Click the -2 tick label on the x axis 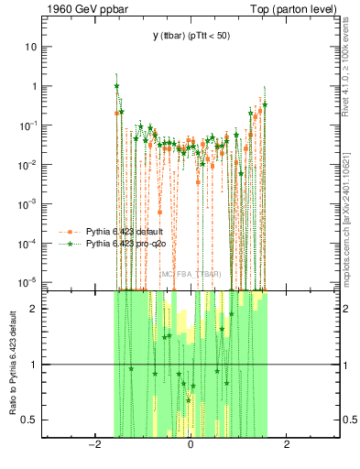point(93,445)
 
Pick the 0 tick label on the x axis point(190,445)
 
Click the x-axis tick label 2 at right point(287,445)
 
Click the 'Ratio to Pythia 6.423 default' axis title point(12,362)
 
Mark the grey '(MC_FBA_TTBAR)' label point(191,274)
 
